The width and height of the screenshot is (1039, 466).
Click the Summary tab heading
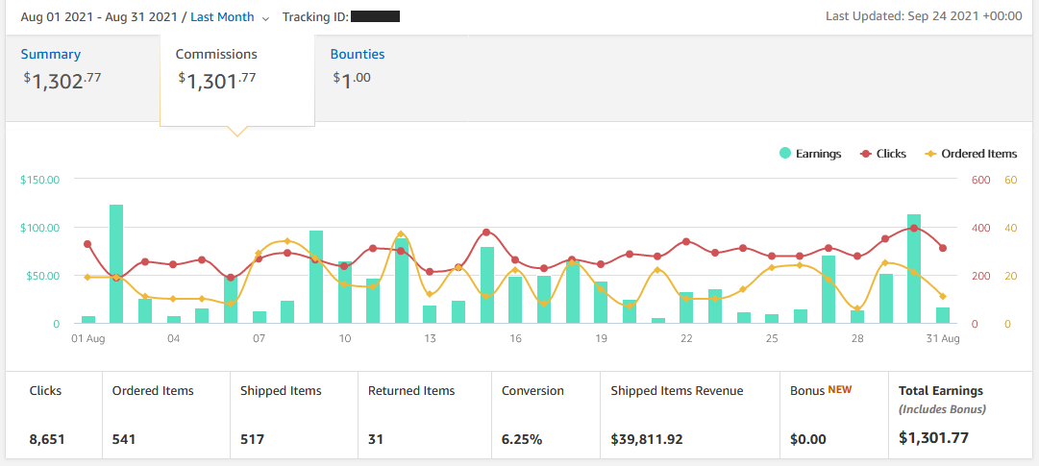click(51, 55)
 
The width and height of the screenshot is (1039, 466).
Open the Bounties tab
click(358, 55)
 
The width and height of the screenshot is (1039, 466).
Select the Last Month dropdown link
click(223, 17)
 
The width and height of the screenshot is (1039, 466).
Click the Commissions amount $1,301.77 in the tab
click(217, 81)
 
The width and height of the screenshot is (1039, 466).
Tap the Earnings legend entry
click(810, 154)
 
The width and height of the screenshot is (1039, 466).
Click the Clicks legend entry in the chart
click(882, 154)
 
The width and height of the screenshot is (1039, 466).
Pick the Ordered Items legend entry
click(971, 154)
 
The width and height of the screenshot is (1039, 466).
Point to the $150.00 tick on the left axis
click(39, 180)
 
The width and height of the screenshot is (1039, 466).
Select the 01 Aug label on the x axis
click(87, 339)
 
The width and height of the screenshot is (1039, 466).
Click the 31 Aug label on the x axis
click(943, 339)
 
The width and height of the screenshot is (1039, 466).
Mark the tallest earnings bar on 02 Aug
click(116, 264)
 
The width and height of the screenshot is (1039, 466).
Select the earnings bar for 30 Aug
click(914, 269)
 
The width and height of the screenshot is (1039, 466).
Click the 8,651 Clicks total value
click(46, 439)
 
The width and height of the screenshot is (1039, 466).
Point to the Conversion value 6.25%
click(522, 439)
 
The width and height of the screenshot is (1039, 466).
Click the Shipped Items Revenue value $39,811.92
click(647, 439)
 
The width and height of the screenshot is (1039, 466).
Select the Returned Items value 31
click(377, 439)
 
